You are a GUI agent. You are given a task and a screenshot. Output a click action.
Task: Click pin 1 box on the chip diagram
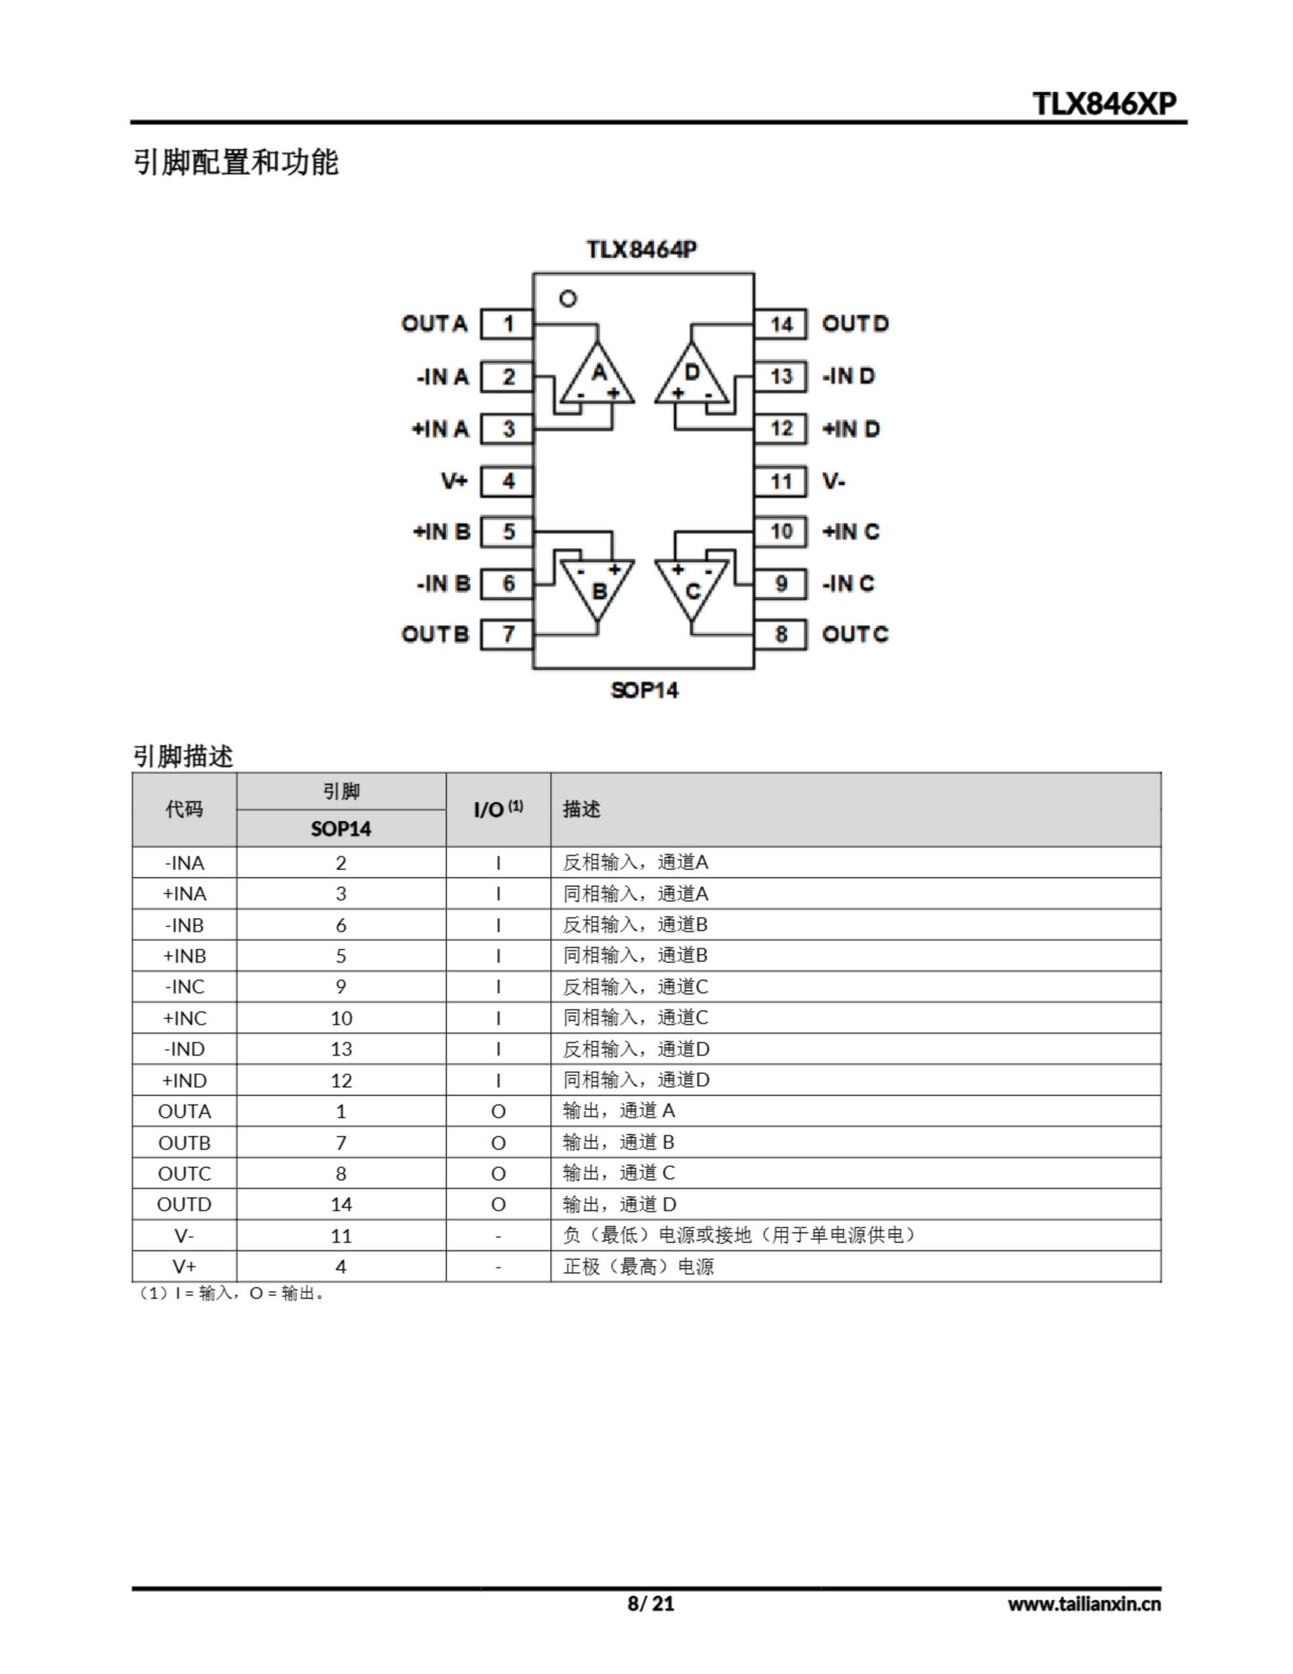point(507,324)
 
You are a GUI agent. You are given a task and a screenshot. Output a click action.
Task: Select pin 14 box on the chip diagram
point(781,324)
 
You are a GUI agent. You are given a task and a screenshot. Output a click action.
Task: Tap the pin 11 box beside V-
point(781,481)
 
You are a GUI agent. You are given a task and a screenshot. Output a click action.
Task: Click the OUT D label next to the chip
point(854,324)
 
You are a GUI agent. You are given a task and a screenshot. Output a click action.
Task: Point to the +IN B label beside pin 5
point(441,532)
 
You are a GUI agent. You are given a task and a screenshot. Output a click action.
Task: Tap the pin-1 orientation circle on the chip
point(568,298)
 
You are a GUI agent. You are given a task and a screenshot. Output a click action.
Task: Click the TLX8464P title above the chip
point(643,250)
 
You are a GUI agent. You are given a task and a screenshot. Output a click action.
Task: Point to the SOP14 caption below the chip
point(645,691)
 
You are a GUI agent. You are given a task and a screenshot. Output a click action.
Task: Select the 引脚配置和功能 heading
point(236,162)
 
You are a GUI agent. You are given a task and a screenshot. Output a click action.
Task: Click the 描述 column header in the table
point(582,810)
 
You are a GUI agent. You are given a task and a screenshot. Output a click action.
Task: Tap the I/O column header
point(497,810)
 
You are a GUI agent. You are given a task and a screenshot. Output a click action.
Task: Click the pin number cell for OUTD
point(341,1204)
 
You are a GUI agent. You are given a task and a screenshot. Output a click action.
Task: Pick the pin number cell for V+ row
point(341,1266)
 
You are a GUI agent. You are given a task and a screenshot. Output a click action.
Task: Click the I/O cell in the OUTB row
point(498,1143)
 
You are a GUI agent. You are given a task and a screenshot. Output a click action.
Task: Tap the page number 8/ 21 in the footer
point(650,1603)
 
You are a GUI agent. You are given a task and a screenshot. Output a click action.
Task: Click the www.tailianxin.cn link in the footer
point(1084,1603)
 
